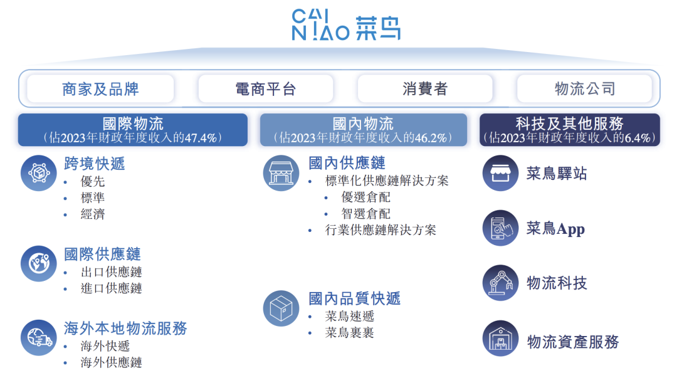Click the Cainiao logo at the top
click(346, 25)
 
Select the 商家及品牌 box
click(100, 89)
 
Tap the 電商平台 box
click(265, 89)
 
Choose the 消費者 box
click(425, 89)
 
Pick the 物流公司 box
click(585, 89)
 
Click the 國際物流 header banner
click(133, 130)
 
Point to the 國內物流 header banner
click(364, 130)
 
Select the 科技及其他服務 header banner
click(569, 130)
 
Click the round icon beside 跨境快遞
click(39, 172)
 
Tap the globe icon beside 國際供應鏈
click(39, 263)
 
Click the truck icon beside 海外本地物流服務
click(39, 337)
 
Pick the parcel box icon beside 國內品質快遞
click(281, 308)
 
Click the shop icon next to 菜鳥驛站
click(500, 173)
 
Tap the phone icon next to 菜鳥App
click(500, 228)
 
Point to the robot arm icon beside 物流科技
click(500, 283)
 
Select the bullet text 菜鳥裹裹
click(350, 333)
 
